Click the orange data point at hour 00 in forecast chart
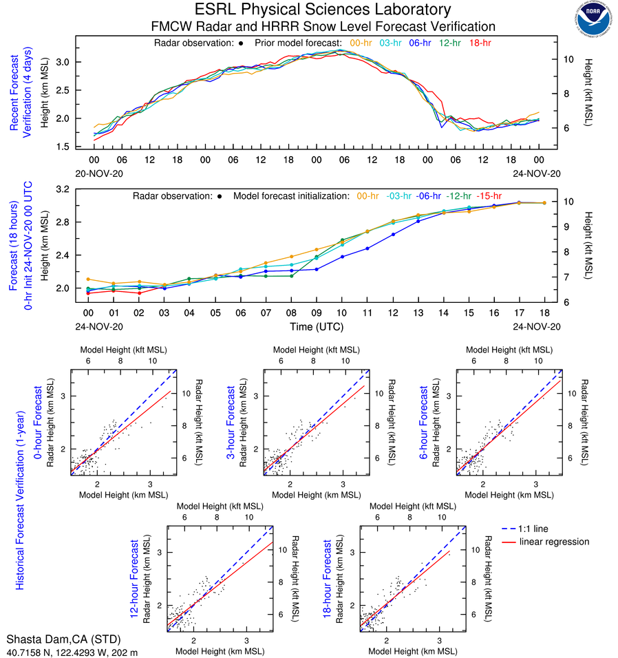click(88, 279)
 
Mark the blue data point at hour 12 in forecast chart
click(394, 234)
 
